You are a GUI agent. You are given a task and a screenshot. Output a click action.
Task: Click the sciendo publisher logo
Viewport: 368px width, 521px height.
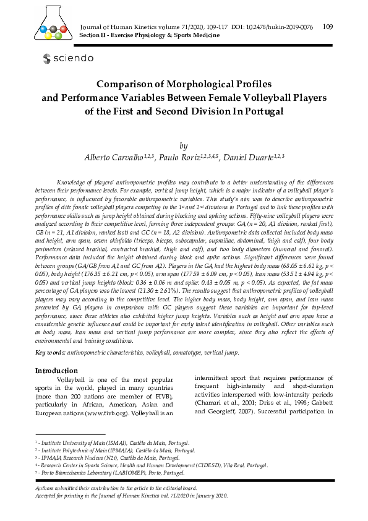tap(67, 58)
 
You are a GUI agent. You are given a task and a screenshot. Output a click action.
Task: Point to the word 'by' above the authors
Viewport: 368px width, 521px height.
tap(183, 146)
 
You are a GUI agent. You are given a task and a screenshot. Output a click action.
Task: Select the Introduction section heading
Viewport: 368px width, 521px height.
tap(56, 371)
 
